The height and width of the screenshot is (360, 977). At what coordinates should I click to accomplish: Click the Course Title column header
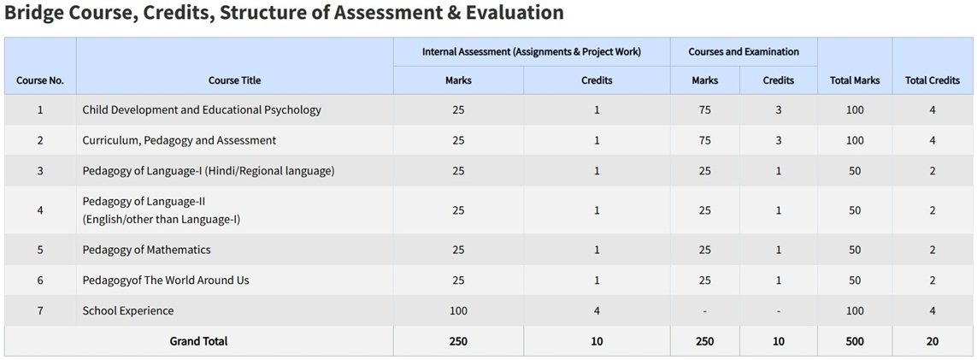(234, 80)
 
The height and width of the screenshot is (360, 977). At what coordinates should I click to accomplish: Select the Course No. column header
(40, 80)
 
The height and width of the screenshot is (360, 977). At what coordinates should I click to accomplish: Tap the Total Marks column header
(855, 80)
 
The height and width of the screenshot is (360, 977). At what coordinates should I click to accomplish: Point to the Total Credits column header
(932, 80)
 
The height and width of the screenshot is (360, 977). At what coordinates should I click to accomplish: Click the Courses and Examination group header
(744, 51)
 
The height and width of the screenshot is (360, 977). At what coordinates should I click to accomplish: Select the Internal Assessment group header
(532, 51)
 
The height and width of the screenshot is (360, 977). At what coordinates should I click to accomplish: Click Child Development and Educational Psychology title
(202, 109)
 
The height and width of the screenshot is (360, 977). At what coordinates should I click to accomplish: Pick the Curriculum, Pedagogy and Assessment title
(180, 140)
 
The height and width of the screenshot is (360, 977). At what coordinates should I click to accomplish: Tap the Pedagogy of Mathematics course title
(146, 250)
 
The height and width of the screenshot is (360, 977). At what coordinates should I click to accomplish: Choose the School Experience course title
(128, 310)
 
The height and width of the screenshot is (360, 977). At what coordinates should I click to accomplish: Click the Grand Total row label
(198, 341)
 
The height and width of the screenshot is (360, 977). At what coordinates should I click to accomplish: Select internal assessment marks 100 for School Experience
(458, 310)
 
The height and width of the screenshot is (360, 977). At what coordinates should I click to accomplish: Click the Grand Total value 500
(855, 341)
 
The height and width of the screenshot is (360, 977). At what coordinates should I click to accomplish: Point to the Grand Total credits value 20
(932, 341)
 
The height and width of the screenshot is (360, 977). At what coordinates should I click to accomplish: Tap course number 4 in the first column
(40, 210)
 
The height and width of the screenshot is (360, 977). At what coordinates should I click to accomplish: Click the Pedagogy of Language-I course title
(209, 171)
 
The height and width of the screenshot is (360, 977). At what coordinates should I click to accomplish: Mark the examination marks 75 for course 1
(704, 109)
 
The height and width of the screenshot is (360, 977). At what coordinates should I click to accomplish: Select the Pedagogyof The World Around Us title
(166, 280)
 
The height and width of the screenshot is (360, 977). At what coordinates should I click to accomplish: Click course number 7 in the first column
(40, 310)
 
